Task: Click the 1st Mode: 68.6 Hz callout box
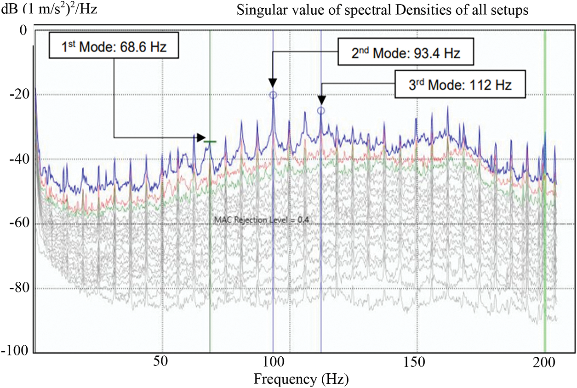click(113, 46)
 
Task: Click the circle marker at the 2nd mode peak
click(273, 95)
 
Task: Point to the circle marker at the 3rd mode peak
click(321, 110)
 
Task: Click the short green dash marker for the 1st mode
click(210, 142)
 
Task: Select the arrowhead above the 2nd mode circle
click(273, 82)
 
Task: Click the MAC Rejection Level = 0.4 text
click(261, 220)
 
